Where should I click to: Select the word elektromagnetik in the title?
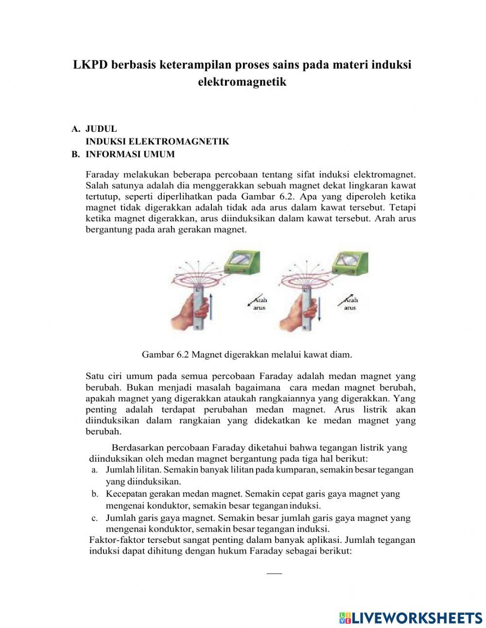[x=242, y=82]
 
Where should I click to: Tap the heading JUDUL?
[x=101, y=129]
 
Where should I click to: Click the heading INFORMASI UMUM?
[x=130, y=154]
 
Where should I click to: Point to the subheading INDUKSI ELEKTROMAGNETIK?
[x=157, y=142]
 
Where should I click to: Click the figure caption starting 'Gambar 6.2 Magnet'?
[x=247, y=355]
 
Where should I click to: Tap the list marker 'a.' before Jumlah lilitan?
[x=95, y=470]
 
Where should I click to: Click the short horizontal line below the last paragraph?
[x=274, y=574]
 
